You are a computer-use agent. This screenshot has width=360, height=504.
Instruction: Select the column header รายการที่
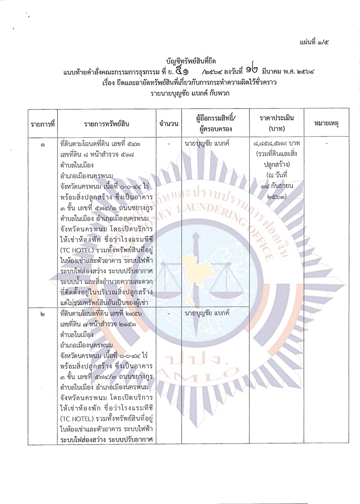coord(42,123)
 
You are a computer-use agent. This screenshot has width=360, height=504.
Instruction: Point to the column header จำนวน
coord(168,123)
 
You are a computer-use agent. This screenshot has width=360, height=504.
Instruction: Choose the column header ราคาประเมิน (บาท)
coord(276,123)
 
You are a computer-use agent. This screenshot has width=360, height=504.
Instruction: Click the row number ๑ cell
coord(42,145)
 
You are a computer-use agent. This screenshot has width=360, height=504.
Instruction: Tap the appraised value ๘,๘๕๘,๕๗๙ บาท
coord(276,144)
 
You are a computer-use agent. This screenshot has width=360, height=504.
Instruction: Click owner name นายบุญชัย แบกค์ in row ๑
coord(207,144)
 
